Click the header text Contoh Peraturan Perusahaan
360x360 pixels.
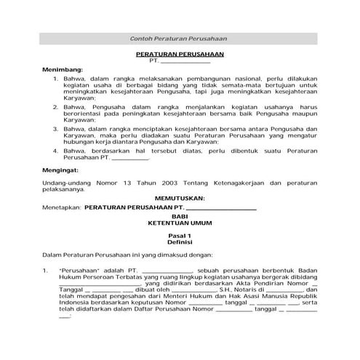click(179, 39)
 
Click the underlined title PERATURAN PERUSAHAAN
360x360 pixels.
click(179, 55)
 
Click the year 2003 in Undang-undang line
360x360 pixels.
click(161, 181)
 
